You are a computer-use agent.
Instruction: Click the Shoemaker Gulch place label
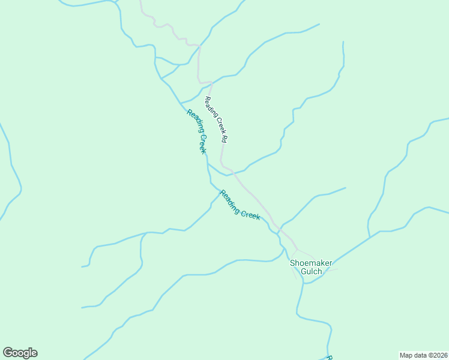pos(310,267)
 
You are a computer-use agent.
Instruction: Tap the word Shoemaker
pos(310,263)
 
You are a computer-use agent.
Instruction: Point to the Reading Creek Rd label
pos(217,119)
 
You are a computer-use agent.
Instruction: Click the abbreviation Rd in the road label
pos(224,139)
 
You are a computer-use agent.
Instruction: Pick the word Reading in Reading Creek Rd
pos(210,104)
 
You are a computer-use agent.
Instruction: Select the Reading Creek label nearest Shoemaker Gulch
pos(240,205)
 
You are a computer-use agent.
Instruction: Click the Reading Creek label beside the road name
pos(197,131)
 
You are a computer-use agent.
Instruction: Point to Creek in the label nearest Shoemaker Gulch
pos(250,213)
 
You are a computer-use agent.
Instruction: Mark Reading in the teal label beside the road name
pos(193,122)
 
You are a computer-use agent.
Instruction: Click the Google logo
pos(20,353)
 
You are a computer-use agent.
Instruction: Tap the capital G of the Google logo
pos(8,353)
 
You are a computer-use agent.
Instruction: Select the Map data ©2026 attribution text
pos(423,355)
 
